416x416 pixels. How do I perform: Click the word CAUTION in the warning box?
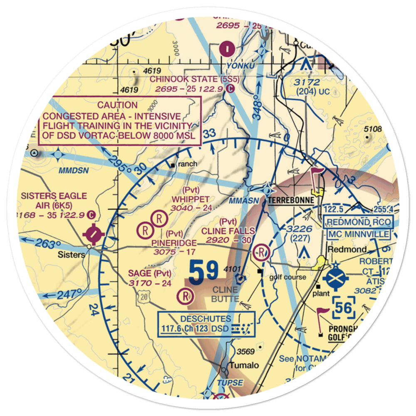click(x=117, y=105)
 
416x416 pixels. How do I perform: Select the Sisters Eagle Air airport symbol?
click(x=93, y=234)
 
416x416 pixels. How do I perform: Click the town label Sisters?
click(x=72, y=254)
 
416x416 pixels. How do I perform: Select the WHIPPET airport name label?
click(x=190, y=199)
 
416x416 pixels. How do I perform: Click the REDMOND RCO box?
click(x=358, y=223)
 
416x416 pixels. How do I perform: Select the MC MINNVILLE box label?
click(x=358, y=235)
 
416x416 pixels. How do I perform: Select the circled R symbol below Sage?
click(x=185, y=296)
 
